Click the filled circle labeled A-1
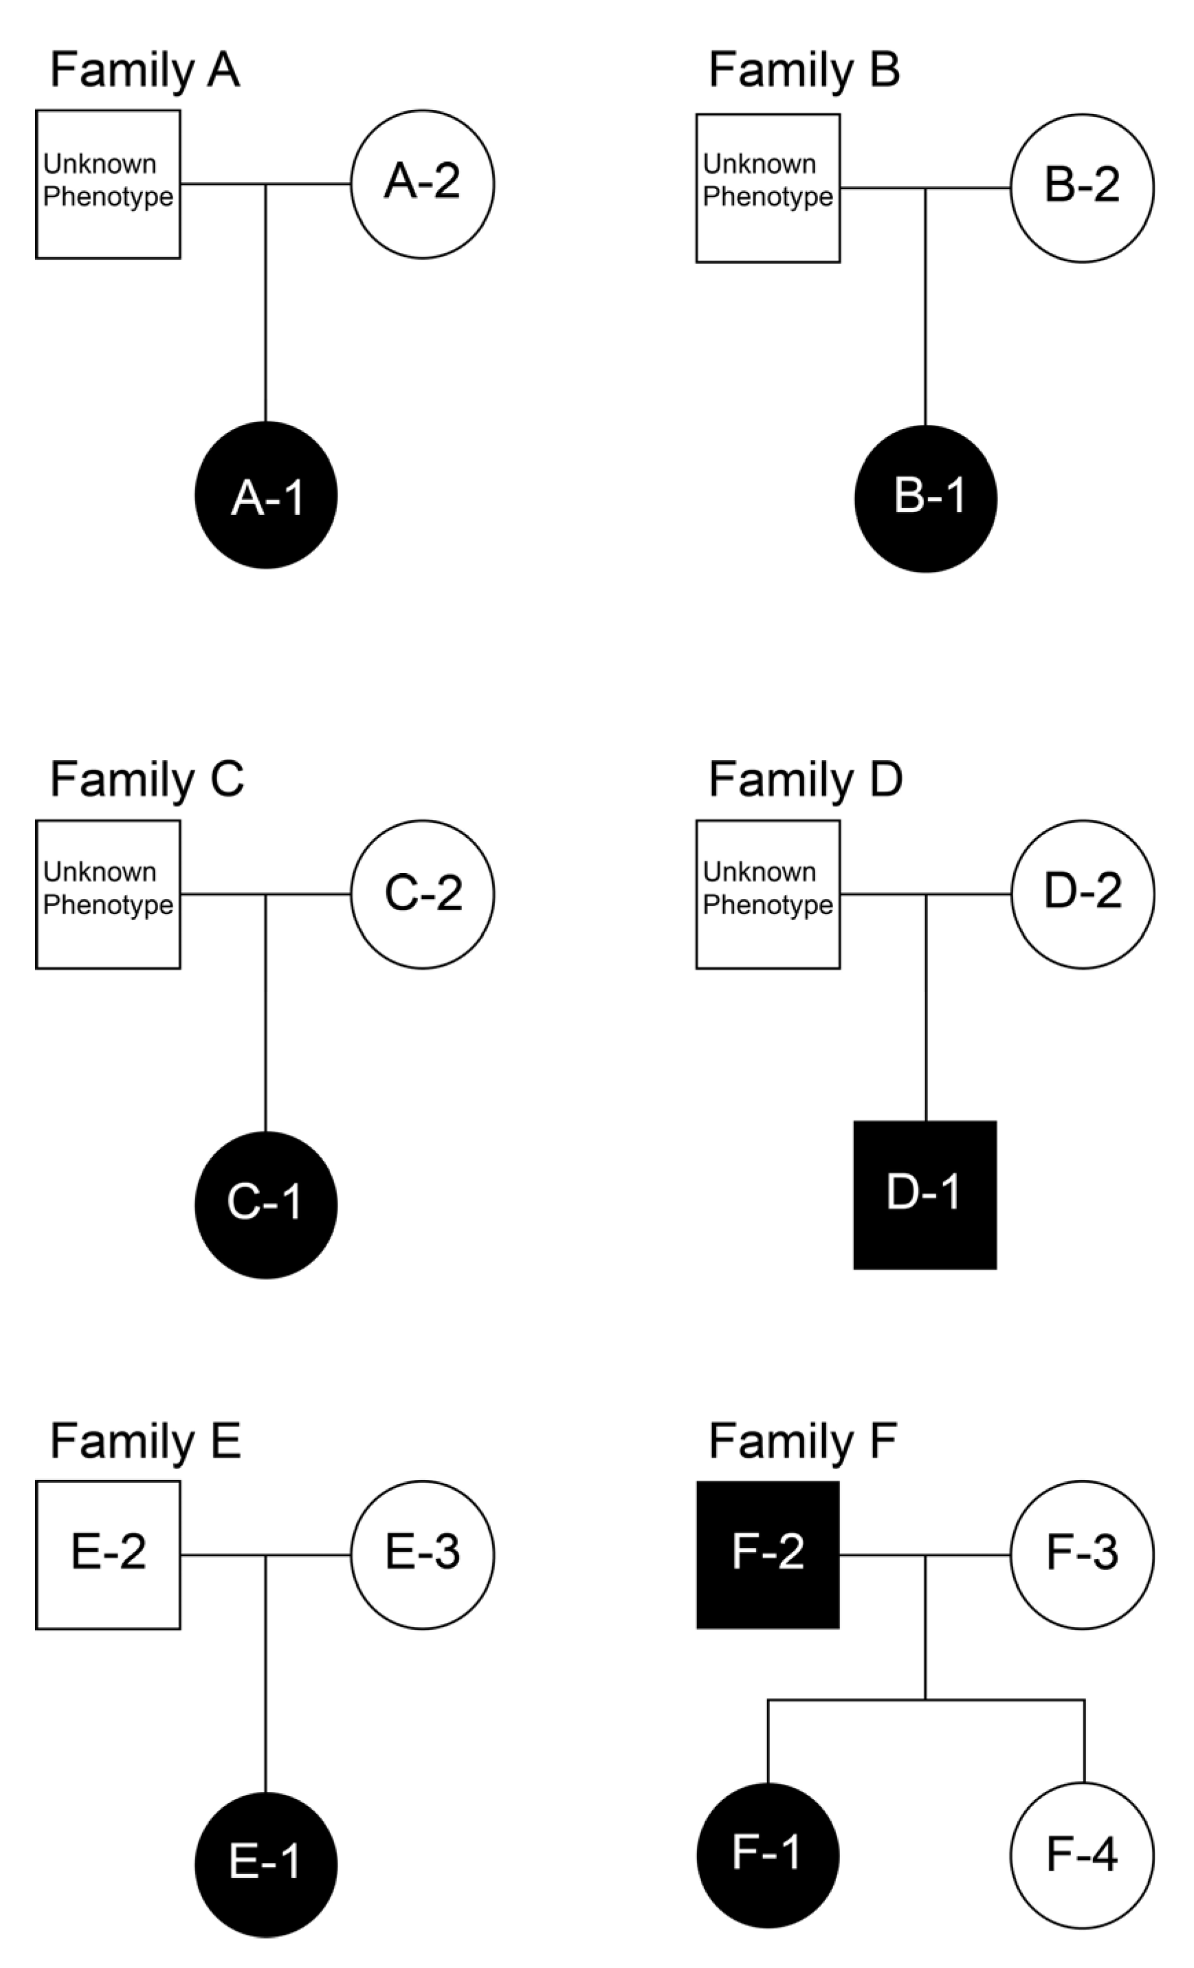click(x=266, y=495)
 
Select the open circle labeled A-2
click(x=423, y=184)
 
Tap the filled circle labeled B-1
click(x=926, y=498)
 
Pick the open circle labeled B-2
click(x=1082, y=188)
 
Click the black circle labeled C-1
click(x=266, y=1204)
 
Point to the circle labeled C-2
click(x=423, y=894)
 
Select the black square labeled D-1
click(x=925, y=1195)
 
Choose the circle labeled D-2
click(x=1082, y=894)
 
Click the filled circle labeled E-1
click(x=266, y=1865)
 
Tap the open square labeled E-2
click(x=108, y=1554)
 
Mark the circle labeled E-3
click(x=423, y=1554)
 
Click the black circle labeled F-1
click(x=768, y=1855)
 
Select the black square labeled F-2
click(x=768, y=1554)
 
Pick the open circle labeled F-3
click(x=1082, y=1554)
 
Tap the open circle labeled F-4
click(x=1082, y=1855)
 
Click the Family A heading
click(x=144, y=70)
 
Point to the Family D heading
click(x=805, y=780)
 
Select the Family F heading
click(x=802, y=1441)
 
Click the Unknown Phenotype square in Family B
click(x=768, y=188)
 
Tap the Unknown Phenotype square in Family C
click(x=108, y=894)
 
